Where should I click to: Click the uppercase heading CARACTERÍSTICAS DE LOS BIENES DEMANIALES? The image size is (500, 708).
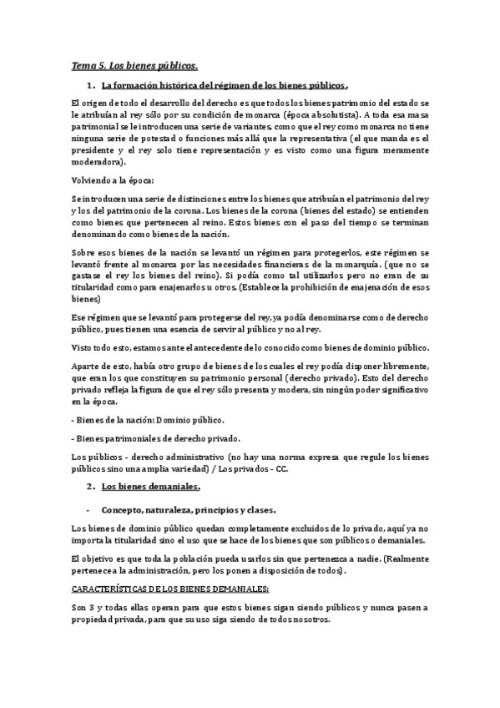pos(153,589)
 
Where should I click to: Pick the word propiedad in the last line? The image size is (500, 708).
pos(96,621)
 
